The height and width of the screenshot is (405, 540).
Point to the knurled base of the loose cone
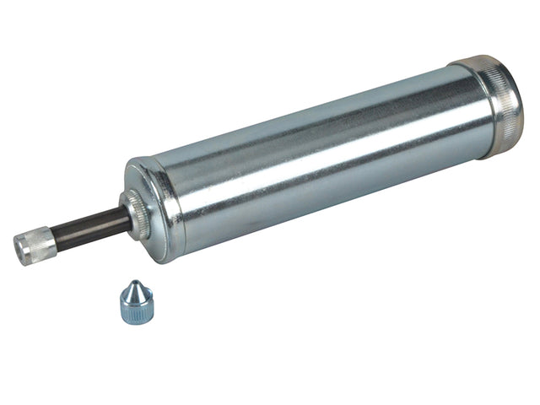click(136, 312)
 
